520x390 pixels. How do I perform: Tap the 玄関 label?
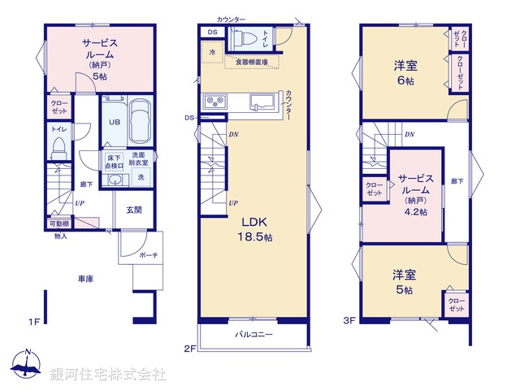click(x=134, y=209)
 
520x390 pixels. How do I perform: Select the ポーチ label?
click(x=148, y=255)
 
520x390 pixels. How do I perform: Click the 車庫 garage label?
click(x=85, y=279)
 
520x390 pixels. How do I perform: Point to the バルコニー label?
click(x=254, y=334)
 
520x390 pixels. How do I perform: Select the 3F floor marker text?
click(x=349, y=322)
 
